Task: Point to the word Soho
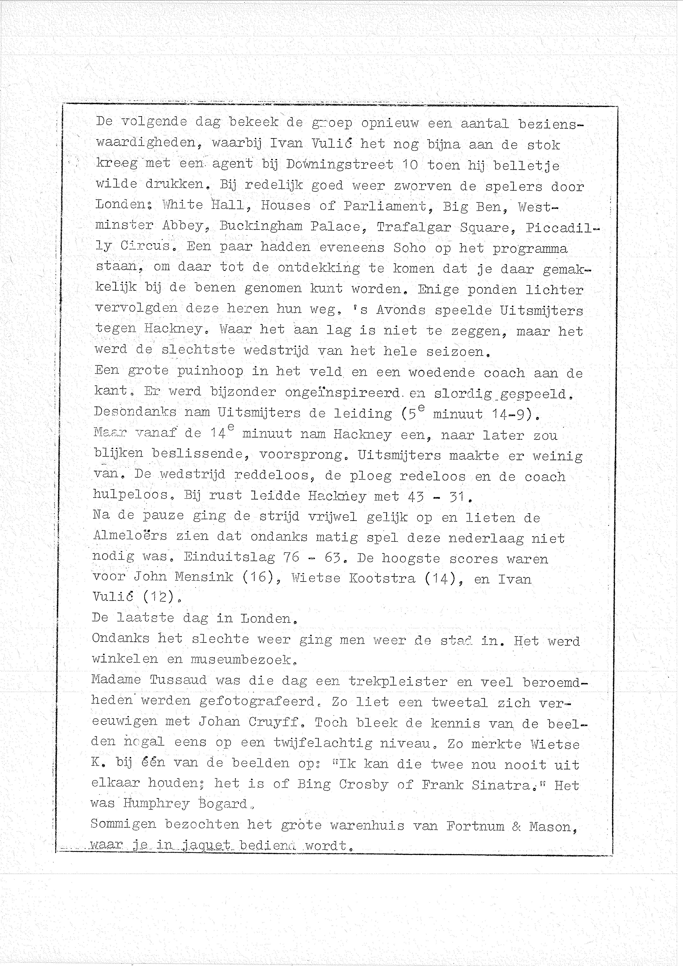click(x=409, y=247)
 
